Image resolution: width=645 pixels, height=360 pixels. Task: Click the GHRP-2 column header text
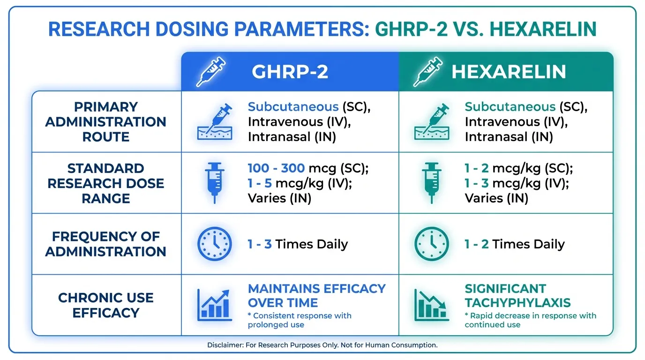pyautogui.click(x=290, y=72)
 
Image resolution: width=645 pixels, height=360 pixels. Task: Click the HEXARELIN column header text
pyautogui.click(x=509, y=72)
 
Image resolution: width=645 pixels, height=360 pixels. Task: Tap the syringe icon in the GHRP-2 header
pyautogui.click(x=211, y=72)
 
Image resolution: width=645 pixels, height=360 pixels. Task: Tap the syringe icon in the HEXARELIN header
pyautogui.click(x=428, y=72)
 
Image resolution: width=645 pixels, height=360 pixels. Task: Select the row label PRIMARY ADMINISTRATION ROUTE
pyautogui.click(x=105, y=122)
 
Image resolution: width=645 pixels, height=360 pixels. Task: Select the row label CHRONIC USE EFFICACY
pyautogui.click(x=105, y=305)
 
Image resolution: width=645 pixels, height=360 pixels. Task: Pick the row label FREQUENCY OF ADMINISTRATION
pyautogui.click(x=105, y=244)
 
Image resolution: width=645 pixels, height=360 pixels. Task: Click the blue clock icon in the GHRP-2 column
pyautogui.click(x=215, y=244)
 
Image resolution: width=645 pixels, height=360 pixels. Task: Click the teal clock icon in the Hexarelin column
pyautogui.click(x=432, y=244)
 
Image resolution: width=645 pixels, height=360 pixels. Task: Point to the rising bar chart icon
pyautogui.click(x=215, y=305)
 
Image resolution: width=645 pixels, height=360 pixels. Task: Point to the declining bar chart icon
pyautogui.click(x=432, y=305)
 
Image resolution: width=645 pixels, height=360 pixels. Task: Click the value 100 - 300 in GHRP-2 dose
pyautogui.click(x=276, y=168)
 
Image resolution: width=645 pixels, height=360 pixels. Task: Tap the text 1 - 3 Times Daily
pyautogui.click(x=298, y=244)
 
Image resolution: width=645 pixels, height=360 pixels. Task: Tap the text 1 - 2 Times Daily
pyautogui.click(x=515, y=244)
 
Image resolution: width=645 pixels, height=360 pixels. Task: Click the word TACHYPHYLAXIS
pyautogui.click(x=517, y=303)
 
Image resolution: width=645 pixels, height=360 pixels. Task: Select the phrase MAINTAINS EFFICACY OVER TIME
pyautogui.click(x=316, y=296)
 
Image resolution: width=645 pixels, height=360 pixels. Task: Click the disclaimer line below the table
pyautogui.click(x=322, y=345)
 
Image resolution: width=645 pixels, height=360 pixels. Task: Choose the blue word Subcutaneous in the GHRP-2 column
pyautogui.click(x=293, y=107)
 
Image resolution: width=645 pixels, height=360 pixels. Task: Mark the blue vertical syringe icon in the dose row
pyautogui.click(x=215, y=183)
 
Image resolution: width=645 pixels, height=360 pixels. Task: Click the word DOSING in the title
pyautogui.click(x=193, y=29)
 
